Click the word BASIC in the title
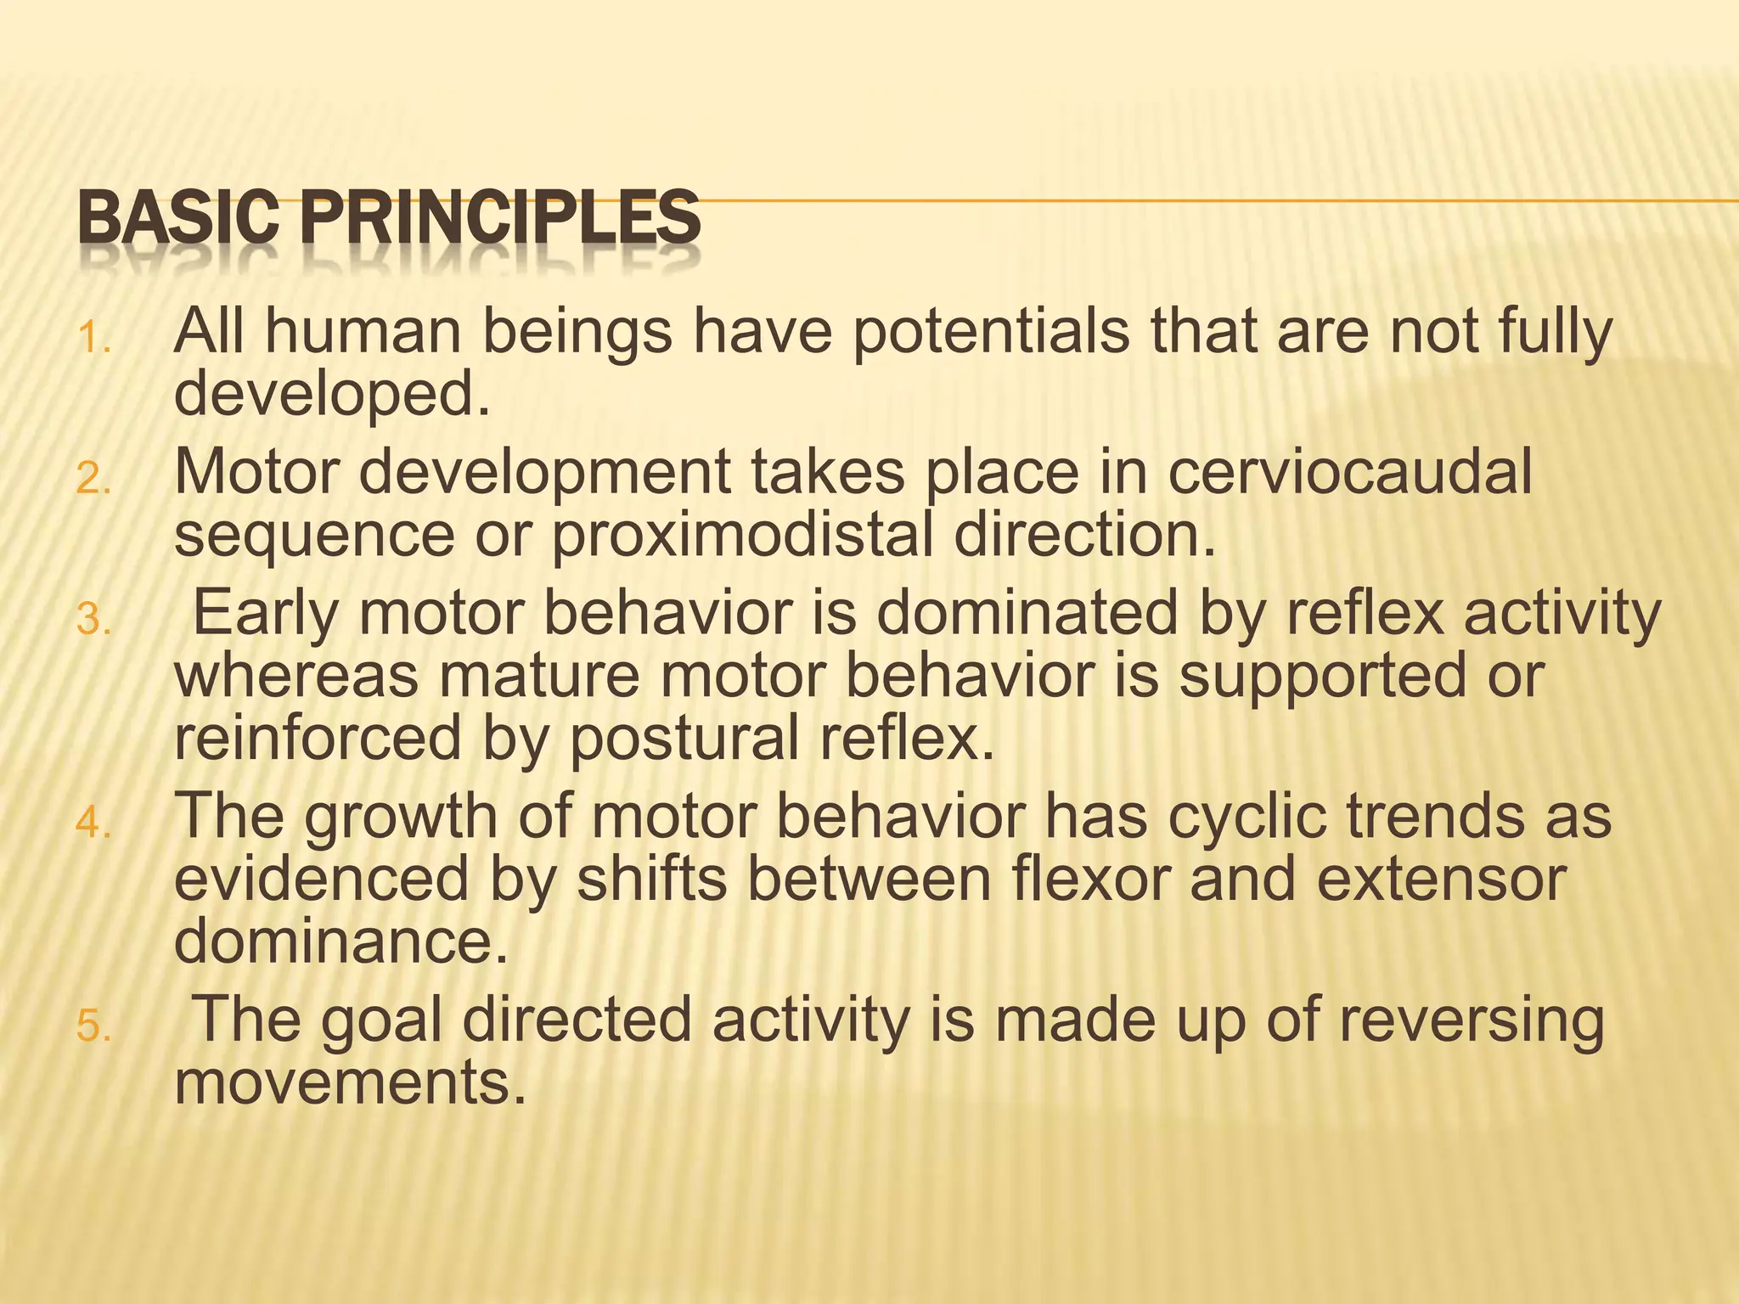(x=177, y=217)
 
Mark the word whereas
(x=296, y=676)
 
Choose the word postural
(x=684, y=738)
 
